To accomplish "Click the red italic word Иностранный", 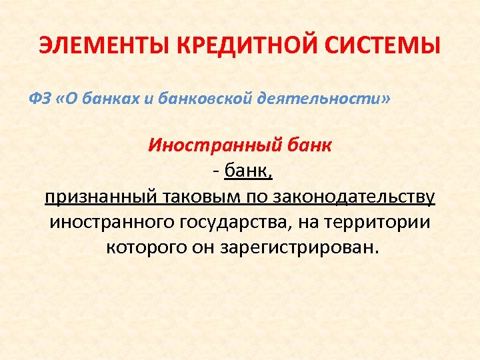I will [x=209, y=145].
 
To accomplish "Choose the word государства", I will [x=233, y=222].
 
